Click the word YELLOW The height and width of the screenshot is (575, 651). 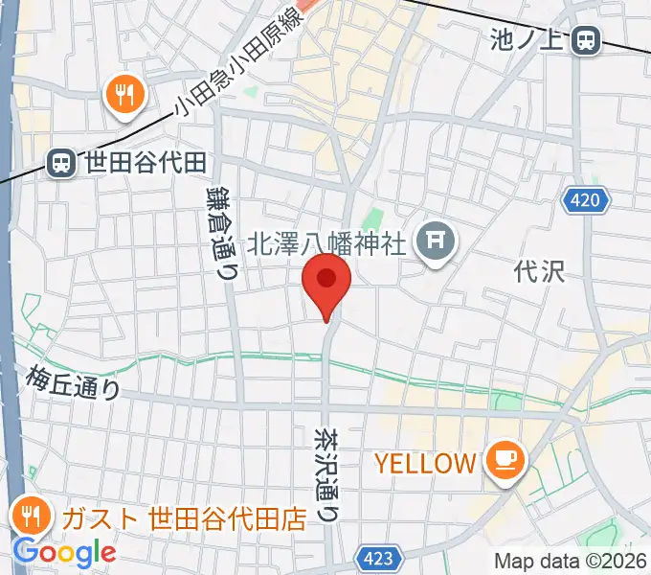tap(425, 464)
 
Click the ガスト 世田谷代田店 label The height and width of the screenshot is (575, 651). tap(183, 519)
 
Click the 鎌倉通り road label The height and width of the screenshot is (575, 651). tap(221, 233)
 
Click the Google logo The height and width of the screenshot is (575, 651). tap(63, 553)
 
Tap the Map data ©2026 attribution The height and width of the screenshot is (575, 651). tap(570, 561)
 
